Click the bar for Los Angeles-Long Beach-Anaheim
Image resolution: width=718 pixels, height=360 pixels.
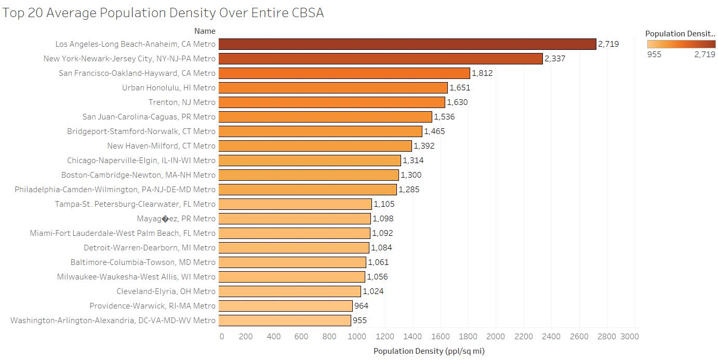tap(407, 44)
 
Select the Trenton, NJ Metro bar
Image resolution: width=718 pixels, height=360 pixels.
tap(331, 102)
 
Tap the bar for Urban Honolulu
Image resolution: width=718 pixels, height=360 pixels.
tap(333, 88)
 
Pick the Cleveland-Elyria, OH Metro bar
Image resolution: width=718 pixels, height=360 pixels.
tap(289, 291)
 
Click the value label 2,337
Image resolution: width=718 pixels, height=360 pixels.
tap(555, 59)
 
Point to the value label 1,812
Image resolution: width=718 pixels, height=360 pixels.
tap(482, 73)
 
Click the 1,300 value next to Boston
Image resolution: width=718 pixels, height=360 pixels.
tap(411, 175)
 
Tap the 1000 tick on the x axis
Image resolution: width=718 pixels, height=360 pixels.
tap(357, 337)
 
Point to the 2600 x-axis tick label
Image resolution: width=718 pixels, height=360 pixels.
tap(579, 337)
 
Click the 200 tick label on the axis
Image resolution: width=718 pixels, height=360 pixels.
tap(246, 337)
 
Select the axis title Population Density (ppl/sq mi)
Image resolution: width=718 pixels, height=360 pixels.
tap(429, 351)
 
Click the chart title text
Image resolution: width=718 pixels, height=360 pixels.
tap(163, 13)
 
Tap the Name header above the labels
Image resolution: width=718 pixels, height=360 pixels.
tap(205, 31)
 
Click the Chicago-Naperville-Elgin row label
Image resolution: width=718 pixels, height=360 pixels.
tap(141, 161)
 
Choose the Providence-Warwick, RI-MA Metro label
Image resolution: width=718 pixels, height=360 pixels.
tap(152, 306)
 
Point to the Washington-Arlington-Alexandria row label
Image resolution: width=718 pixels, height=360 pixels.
tap(113, 321)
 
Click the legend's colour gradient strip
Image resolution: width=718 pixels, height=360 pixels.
tap(681, 44)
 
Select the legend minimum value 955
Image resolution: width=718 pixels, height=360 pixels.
tap(654, 55)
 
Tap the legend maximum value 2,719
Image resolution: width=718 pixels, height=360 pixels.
tap(704, 55)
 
